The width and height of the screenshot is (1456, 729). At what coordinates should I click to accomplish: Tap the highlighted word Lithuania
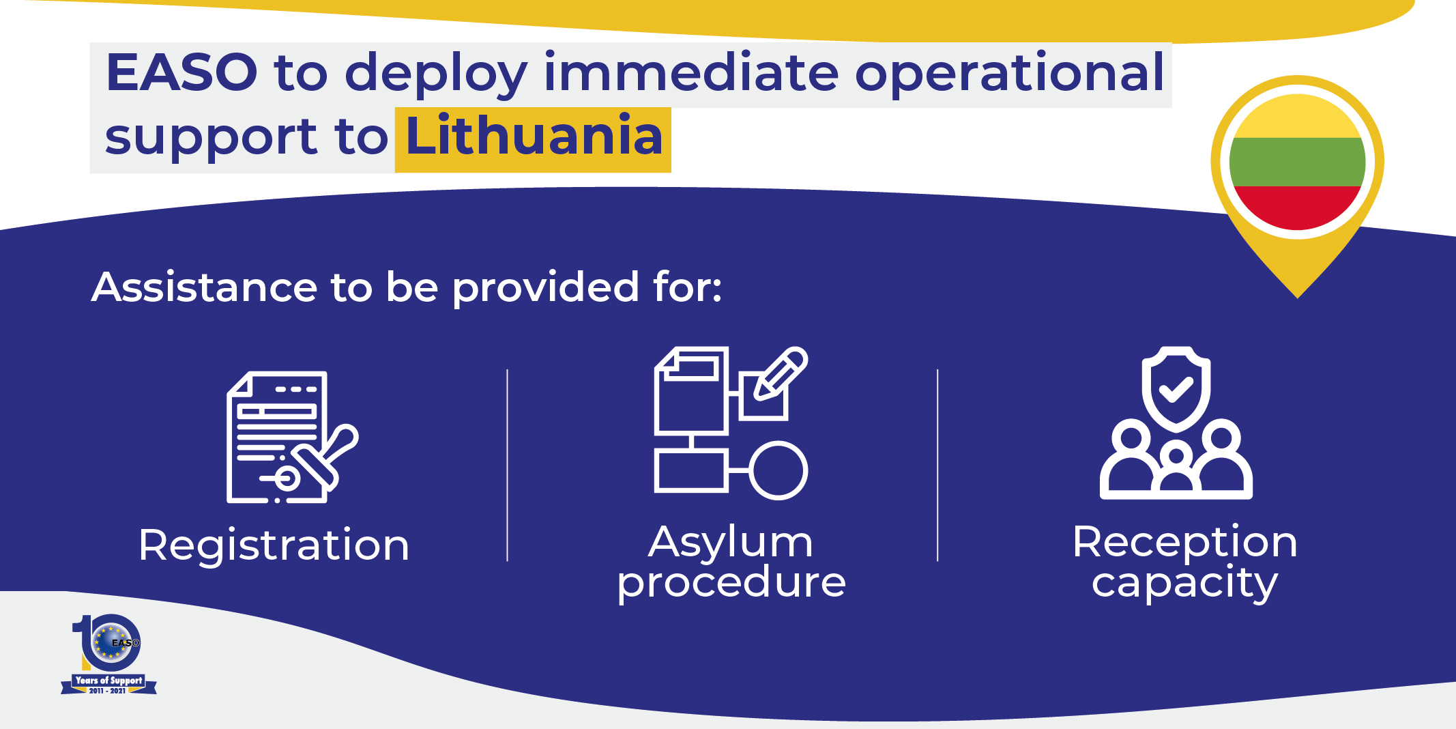[x=534, y=135]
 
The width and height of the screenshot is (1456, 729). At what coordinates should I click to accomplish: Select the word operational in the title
[x=1010, y=74]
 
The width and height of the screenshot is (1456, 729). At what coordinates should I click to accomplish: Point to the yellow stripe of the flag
[x=1297, y=117]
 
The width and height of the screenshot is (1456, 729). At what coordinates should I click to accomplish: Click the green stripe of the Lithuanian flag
[x=1297, y=162]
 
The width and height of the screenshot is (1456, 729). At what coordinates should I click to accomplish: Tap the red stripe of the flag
[x=1297, y=208]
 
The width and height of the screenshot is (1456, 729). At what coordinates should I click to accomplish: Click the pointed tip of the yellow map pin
[x=1298, y=298]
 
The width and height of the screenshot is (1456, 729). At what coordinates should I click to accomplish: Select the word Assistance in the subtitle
[x=205, y=287]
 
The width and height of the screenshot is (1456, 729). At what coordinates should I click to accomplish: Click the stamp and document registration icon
[x=292, y=438]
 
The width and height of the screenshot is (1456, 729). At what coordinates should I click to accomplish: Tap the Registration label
[x=274, y=546]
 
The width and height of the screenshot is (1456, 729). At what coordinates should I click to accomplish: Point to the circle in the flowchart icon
[x=778, y=470]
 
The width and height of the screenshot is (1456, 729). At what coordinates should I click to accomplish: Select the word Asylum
[x=731, y=543]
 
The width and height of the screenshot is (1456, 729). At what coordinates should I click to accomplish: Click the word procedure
[x=731, y=582]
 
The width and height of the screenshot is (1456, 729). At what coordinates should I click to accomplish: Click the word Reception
[x=1184, y=543]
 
